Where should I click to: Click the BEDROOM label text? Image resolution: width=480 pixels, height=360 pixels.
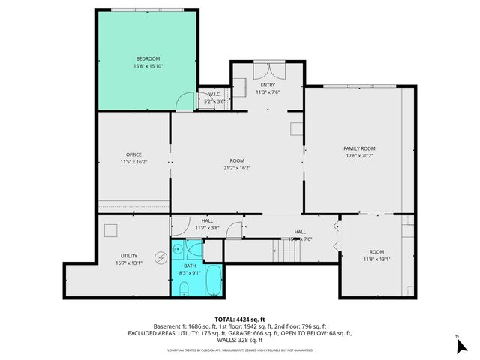[x=148, y=58]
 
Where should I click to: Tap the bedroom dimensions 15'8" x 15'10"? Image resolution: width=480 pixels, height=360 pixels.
[x=148, y=66]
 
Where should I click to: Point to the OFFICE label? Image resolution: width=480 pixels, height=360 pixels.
[x=133, y=154]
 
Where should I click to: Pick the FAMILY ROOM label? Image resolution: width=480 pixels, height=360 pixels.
[x=359, y=148]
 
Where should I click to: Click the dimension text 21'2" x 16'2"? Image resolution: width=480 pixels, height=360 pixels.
[x=237, y=168]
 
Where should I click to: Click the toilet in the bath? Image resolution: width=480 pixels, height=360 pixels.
[x=184, y=288]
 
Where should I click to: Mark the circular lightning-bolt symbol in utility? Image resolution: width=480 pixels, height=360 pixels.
[x=160, y=257]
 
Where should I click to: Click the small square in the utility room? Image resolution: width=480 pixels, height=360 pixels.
[x=110, y=230]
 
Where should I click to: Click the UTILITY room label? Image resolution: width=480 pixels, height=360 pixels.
[x=129, y=256]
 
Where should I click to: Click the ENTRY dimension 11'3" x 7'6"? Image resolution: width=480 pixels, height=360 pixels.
[x=268, y=92]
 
